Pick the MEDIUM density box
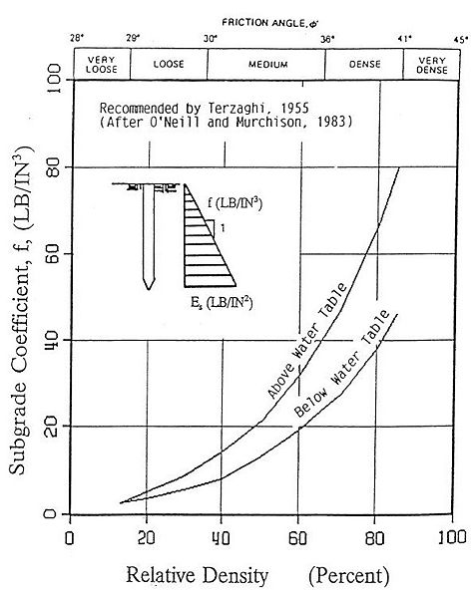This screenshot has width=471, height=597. (x=266, y=64)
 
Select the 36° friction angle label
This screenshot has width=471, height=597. (x=324, y=38)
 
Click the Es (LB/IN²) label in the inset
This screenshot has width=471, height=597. (x=221, y=298)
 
